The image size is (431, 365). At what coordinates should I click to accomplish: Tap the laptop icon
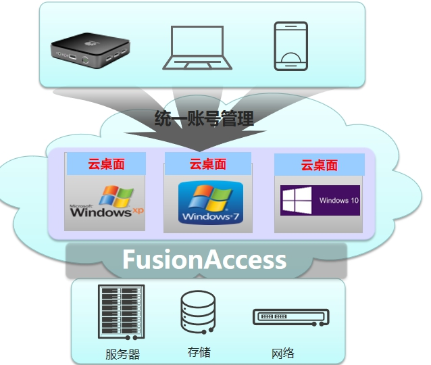[x=197, y=47]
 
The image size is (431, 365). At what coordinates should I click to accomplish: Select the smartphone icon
[x=290, y=46]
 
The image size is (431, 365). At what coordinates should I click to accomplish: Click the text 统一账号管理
[x=205, y=120]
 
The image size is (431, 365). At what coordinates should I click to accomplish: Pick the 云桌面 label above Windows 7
[x=207, y=164]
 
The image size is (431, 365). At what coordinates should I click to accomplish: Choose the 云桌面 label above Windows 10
[x=319, y=165]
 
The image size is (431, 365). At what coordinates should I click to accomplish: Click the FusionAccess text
[x=204, y=260]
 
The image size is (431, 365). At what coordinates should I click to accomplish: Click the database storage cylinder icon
[x=198, y=312]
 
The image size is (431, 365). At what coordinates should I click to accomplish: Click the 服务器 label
[x=122, y=354]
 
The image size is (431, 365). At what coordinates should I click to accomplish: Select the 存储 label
[x=199, y=352]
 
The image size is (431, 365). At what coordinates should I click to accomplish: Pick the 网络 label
[x=283, y=353]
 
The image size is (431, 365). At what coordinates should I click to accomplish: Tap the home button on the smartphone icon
[x=290, y=61]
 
